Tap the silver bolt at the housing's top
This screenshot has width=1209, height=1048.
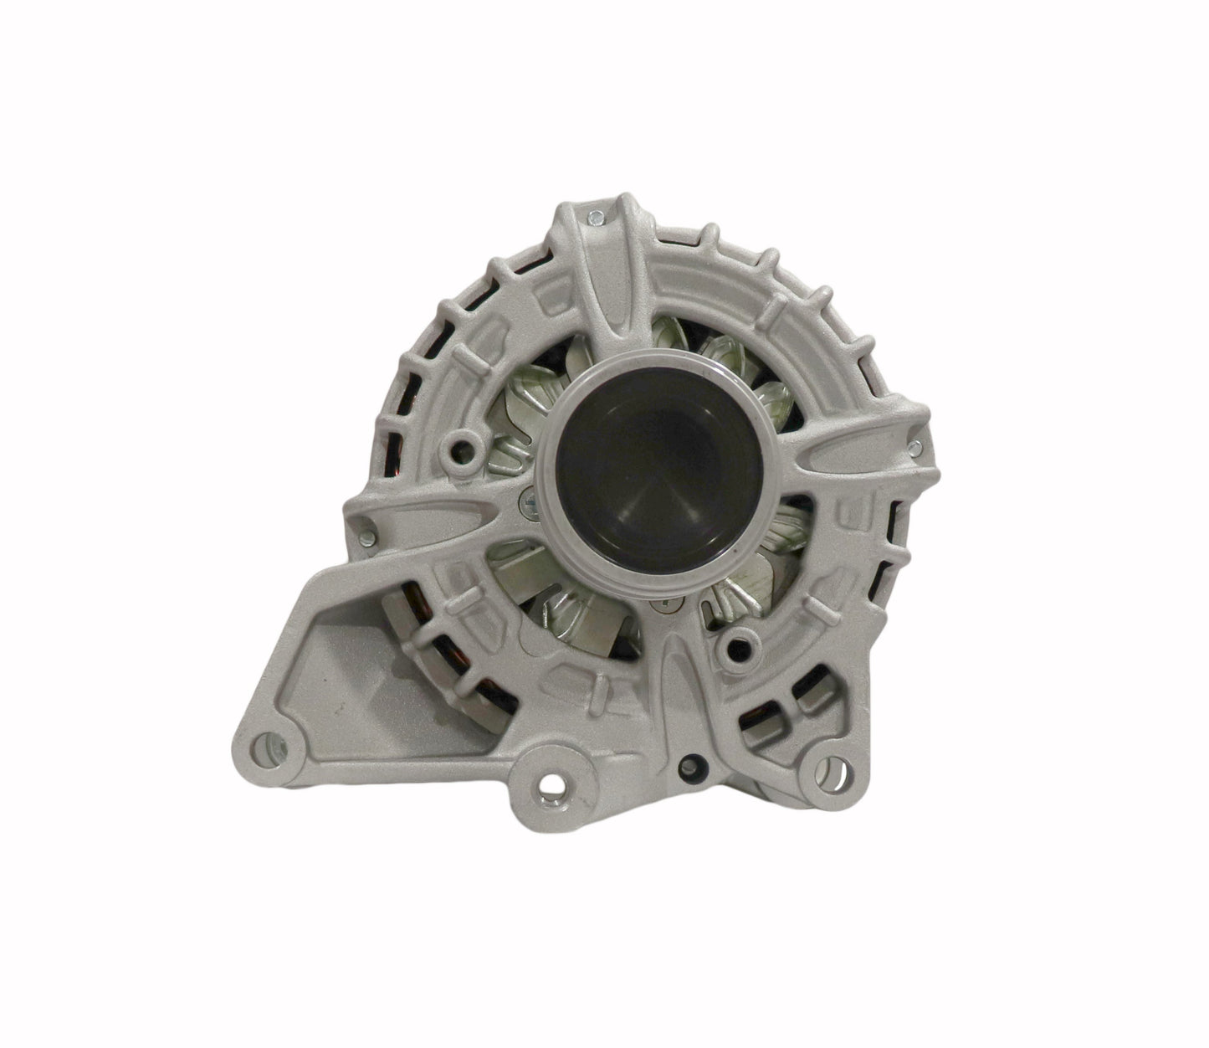pos(593,218)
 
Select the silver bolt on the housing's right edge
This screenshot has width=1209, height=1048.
pos(918,446)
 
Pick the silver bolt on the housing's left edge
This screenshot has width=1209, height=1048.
pos(364,529)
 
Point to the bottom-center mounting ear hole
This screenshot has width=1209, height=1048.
pos(551,783)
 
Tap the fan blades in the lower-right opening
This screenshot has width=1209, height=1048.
pos(753,578)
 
